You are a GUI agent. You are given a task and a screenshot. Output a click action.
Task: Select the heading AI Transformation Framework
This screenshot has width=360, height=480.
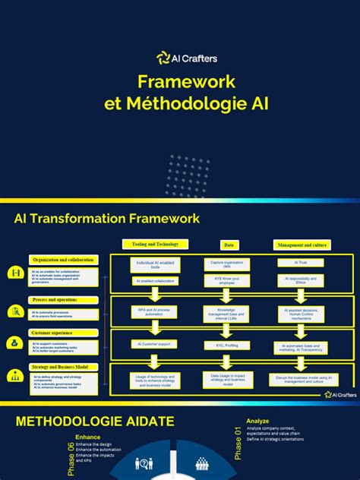(107, 219)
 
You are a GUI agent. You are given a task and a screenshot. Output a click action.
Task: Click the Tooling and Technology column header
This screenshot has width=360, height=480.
(155, 244)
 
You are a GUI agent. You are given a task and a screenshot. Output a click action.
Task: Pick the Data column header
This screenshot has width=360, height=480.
(229, 245)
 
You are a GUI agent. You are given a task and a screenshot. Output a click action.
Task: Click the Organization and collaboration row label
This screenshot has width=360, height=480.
(64, 260)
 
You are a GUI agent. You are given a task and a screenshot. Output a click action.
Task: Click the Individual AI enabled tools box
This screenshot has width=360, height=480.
(155, 264)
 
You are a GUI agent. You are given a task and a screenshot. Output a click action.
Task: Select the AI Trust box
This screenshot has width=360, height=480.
(301, 262)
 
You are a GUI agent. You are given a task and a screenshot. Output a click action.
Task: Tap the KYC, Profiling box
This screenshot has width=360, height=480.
(227, 346)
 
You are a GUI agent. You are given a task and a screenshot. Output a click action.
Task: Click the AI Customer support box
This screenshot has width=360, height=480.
(155, 344)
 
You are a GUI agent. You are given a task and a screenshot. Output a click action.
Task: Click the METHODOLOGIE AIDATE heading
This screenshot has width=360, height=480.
(94, 421)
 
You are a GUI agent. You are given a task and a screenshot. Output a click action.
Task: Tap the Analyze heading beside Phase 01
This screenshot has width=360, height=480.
(258, 420)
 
